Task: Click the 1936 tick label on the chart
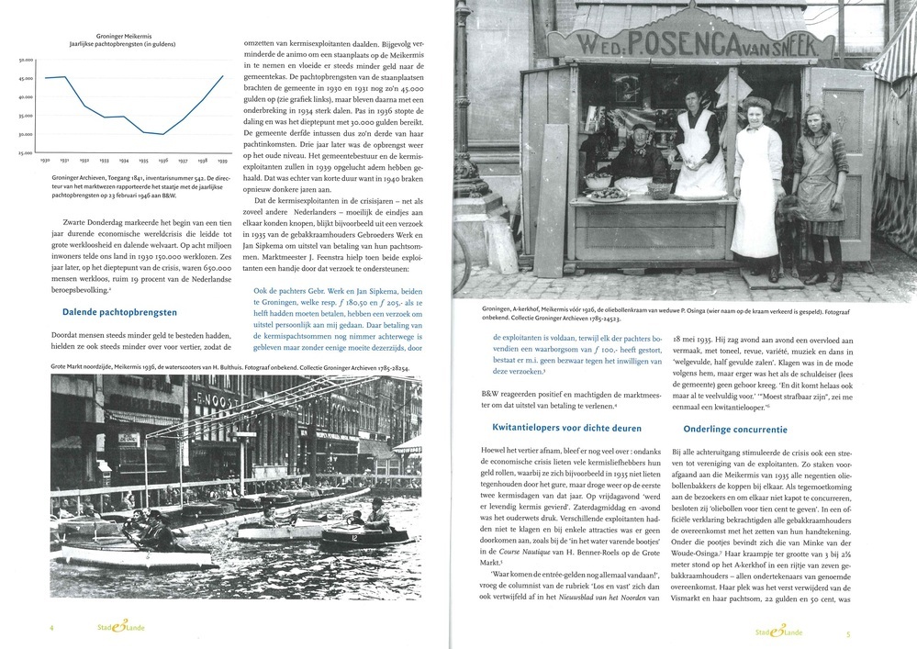pos(162,159)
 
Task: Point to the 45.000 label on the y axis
pos(26,78)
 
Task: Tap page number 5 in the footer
pos(848,632)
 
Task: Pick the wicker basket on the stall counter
pos(658,191)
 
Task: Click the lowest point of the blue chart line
pos(162,134)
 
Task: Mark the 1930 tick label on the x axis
pos(44,159)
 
